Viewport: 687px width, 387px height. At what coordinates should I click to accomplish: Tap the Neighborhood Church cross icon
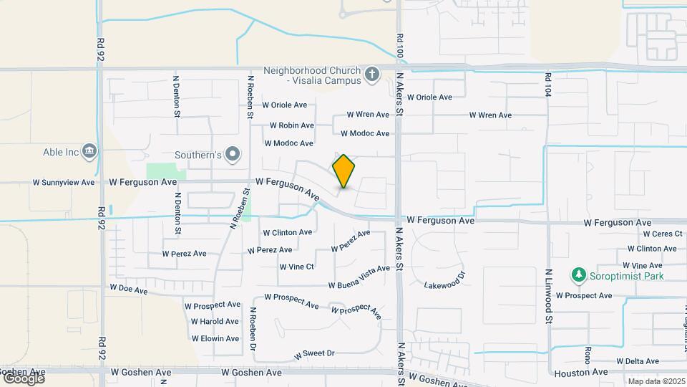coord(371,75)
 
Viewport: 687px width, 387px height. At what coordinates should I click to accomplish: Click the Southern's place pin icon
coord(233,154)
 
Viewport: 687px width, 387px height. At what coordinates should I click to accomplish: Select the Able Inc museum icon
coord(90,151)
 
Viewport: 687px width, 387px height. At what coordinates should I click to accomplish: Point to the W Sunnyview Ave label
coord(64,183)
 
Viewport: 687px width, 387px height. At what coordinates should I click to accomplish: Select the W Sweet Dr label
coord(314,354)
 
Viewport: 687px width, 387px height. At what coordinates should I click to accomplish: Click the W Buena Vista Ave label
coord(359,277)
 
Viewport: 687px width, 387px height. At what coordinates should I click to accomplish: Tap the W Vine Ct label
coord(296,267)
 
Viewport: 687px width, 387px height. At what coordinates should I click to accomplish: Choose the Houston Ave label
coord(580,373)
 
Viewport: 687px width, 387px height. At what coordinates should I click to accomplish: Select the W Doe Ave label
coord(128,290)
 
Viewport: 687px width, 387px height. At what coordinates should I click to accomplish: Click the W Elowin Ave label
coord(215,338)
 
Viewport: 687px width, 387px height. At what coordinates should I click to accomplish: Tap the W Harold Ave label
coord(215,321)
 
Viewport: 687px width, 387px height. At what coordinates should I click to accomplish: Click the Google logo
coord(23,378)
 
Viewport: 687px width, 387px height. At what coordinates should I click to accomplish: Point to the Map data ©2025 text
coord(656,381)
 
